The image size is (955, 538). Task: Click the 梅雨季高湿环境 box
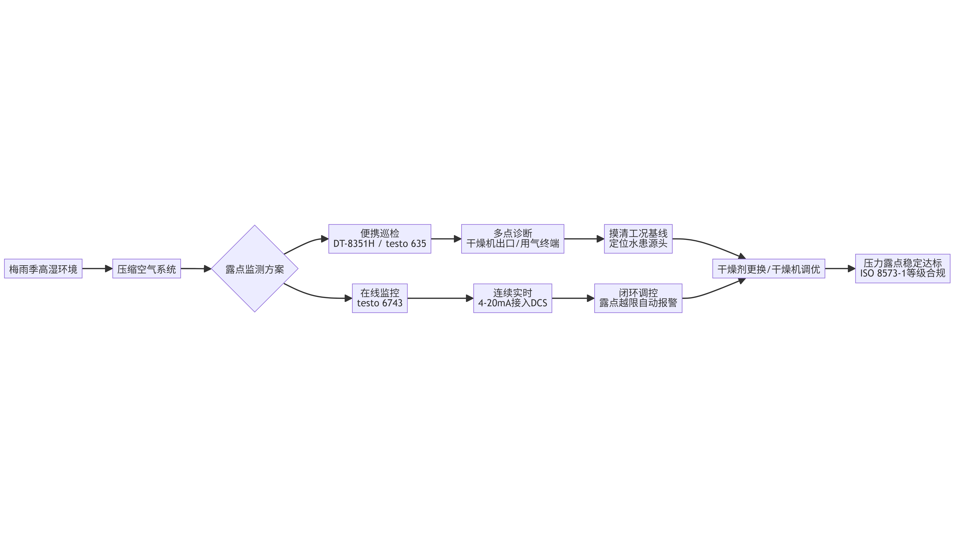click(x=43, y=269)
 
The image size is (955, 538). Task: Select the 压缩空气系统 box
click(x=146, y=269)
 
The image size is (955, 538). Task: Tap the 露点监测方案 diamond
click(x=255, y=269)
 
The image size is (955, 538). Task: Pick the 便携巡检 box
click(x=380, y=239)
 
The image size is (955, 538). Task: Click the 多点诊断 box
click(x=513, y=239)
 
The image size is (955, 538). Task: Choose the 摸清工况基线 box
click(x=638, y=239)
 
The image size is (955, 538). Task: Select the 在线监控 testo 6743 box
click(x=380, y=298)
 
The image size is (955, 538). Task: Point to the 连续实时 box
click(x=513, y=298)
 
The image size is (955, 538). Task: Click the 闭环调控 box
click(x=638, y=298)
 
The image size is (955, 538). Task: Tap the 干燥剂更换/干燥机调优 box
click(x=769, y=269)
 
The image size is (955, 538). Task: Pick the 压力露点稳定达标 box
click(x=903, y=269)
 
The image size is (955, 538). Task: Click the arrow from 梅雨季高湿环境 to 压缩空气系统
click(x=97, y=269)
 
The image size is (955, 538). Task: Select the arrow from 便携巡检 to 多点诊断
click(x=446, y=239)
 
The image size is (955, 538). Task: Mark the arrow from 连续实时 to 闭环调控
click(x=573, y=298)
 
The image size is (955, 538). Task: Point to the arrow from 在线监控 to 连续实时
click(x=440, y=298)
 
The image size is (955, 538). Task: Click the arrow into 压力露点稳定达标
click(x=840, y=269)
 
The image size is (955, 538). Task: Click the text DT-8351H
click(x=354, y=244)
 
